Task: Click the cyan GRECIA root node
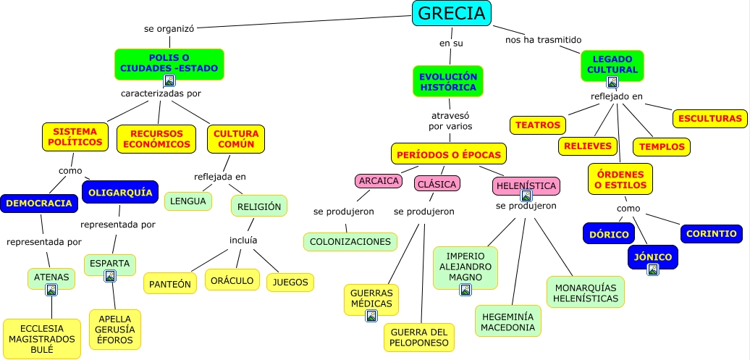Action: click(x=451, y=13)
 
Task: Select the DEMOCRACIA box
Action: click(x=38, y=204)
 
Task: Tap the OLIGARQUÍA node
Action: click(x=119, y=192)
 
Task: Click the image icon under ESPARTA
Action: click(x=110, y=275)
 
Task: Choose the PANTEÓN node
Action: click(x=170, y=284)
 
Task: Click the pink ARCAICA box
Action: click(x=379, y=181)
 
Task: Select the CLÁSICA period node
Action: click(x=437, y=184)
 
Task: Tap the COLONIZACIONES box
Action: click(x=350, y=241)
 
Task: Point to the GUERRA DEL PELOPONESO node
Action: click(x=419, y=337)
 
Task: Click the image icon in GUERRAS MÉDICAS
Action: click(x=371, y=316)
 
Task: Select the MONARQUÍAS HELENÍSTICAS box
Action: click(x=586, y=292)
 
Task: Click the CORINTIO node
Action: click(x=712, y=233)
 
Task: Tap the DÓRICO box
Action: click(x=608, y=233)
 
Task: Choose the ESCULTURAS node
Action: click(x=710, y=118)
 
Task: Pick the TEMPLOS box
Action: click(x=662, y=146)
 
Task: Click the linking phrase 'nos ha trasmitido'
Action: click(x=543, y=39)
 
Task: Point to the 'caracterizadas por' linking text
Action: click(x=161, y=93)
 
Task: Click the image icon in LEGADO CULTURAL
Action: click(x=612, y=82)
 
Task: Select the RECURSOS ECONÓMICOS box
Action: click(x=156, y=138)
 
